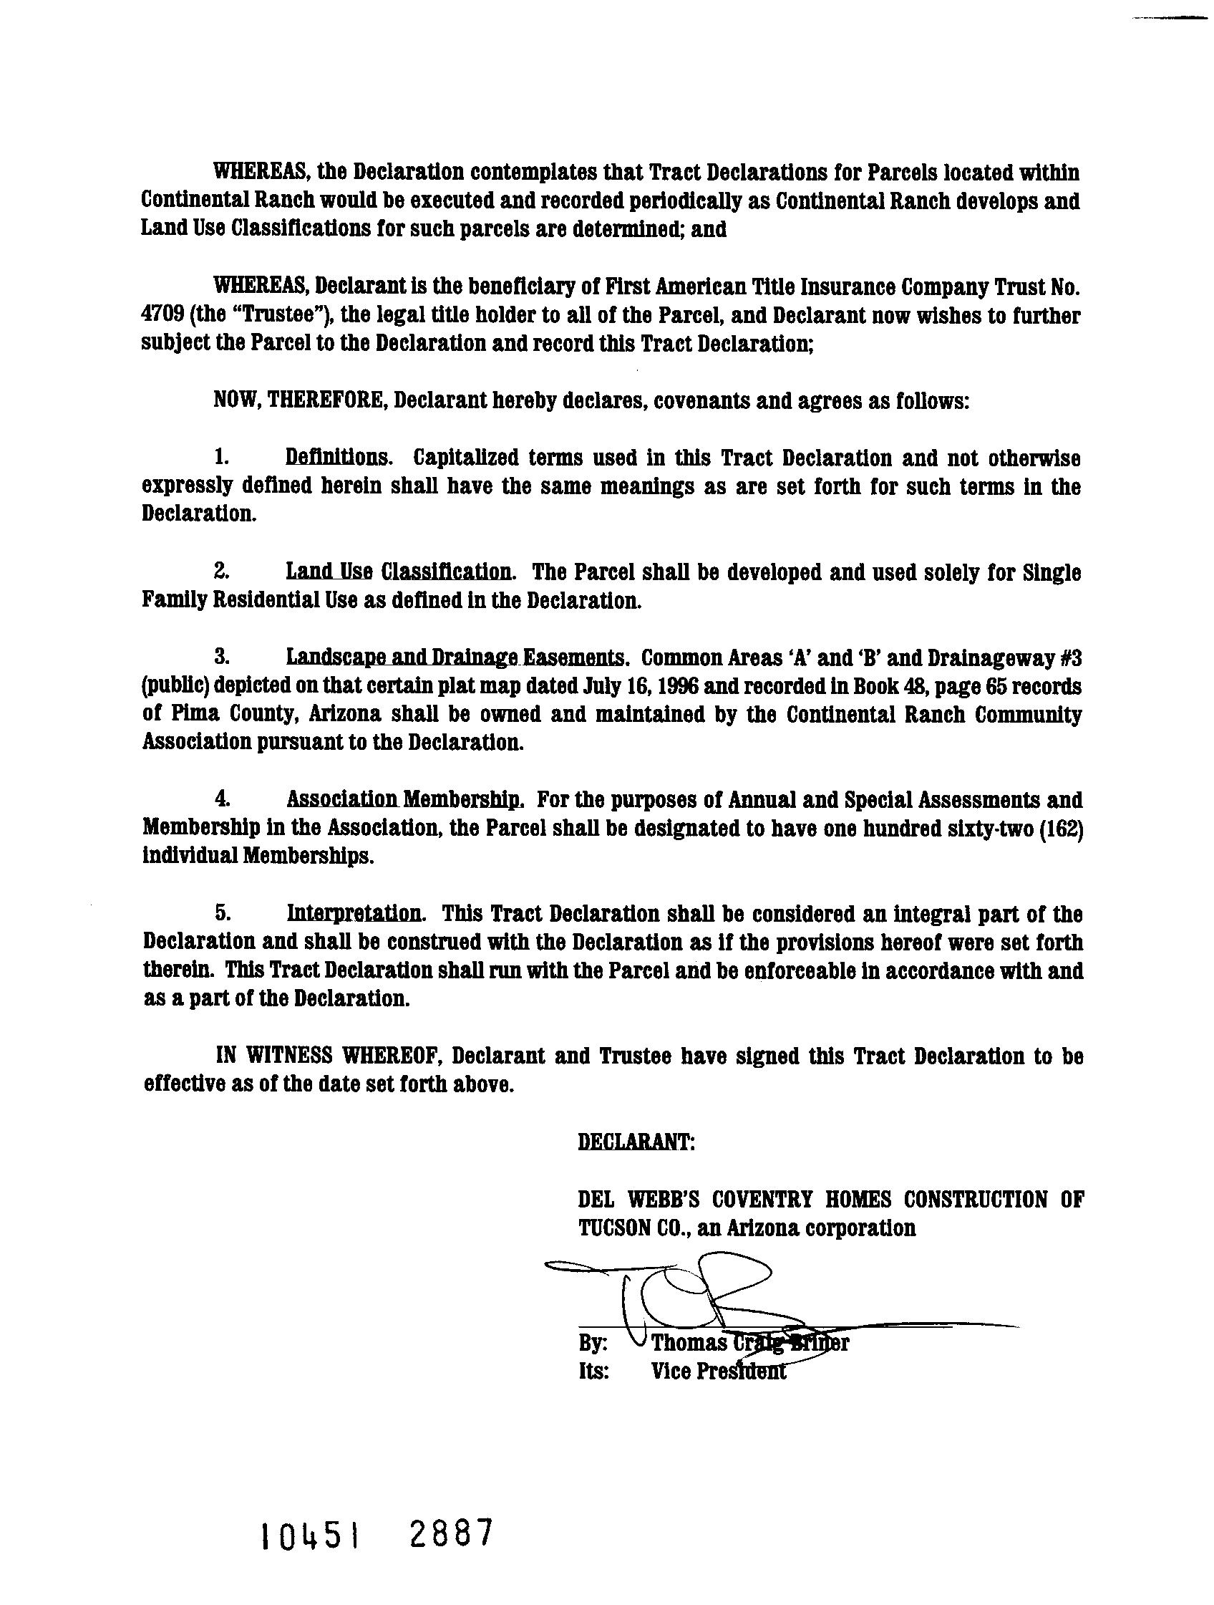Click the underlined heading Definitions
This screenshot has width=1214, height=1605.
[x=339, y=458]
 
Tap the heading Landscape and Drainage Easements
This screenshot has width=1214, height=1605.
[x=456, y=657]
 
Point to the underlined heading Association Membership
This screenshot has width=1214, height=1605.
[x=404, y=799]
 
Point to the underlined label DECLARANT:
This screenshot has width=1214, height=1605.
[x=636, y=1142]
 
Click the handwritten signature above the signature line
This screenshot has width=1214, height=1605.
[x=696, y=1298]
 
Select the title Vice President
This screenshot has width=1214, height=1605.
[x=718, y=1372]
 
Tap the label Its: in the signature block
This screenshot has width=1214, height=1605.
[x=593, y=1372]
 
